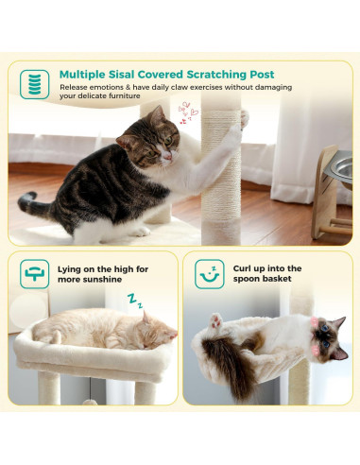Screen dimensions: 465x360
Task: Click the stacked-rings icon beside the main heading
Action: (35, 84)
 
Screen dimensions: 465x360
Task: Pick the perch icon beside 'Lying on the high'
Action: (35, 274)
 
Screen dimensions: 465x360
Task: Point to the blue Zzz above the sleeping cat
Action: (136, 301)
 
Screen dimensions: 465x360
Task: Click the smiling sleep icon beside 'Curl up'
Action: (210, 274)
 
